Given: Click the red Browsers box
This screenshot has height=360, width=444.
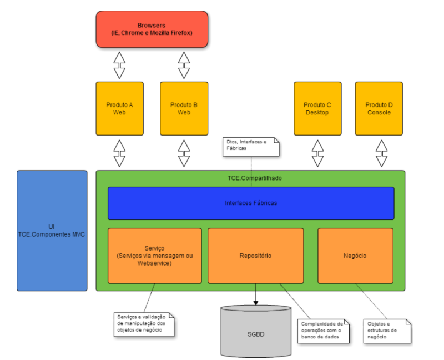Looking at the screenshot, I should click(x=152, y=29).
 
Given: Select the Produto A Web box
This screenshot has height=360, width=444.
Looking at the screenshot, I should click(x=119, y=108).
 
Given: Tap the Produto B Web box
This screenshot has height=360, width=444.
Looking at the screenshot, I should click(x=184, y=108).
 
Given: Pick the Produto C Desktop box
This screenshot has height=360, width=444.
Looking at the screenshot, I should click(x=317, y=108).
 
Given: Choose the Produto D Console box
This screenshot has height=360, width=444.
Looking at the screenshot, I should click(x=379, y=108).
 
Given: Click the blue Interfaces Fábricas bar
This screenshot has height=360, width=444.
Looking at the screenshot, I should click(x=250, y=203).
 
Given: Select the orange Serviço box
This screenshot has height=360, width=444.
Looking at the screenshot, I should click(x=154, y=256).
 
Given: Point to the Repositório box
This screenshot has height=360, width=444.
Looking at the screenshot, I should click(x=255, y=256).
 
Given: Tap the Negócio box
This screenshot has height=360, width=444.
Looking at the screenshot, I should click(x=355, y=256).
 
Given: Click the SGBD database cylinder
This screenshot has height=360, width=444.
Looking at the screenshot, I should click(x=256, y=333).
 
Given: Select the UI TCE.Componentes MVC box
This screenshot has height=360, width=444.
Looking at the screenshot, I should click(x=52, y=231).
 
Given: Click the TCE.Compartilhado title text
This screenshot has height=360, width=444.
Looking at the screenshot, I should click(x=250, y=178).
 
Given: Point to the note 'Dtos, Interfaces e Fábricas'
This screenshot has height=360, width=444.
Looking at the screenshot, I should click(x=250, y=145).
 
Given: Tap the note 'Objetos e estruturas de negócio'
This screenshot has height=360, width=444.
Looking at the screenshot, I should click(x=387, y=330).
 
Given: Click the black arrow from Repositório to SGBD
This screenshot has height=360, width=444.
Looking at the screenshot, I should click(x=256, y=294).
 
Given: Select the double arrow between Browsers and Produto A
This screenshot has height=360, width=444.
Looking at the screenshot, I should click(x=119, y=65).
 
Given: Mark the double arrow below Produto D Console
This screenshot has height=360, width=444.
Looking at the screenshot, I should click(x=381, y=153).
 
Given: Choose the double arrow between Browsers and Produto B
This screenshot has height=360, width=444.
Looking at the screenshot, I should click(x=184, y=65).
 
